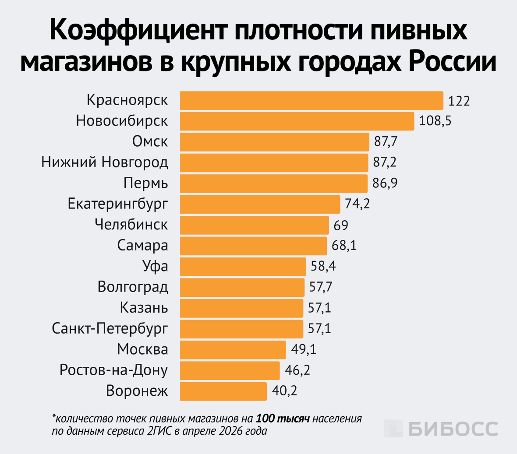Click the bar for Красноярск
pyautogui.click(x=312, y=100)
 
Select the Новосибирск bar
pyautogui.click(x=297, y=121)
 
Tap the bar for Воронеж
pyautogui.click(x=223, y=391)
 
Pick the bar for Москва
pyautogui.click(x=233, y=349)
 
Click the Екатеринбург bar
pyautogui.click(x=260, y=204)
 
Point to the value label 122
pyautogui.click(x=459, y=101)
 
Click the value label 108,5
pyautogui.click(x=435, y=121)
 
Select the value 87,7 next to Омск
pyautogui.click(x=386, y=142)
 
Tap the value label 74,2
pyautogui.click(x=357, y=204)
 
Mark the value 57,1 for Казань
pyautogui.click(x=319, y=308)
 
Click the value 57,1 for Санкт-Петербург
pyautogui.click(x=319, y=328)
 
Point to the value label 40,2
pyautogui.click(x=284, y=391)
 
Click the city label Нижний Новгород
pyautogui.click(x=105, y=162)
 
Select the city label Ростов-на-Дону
pyautogui.click(x=113, y=370)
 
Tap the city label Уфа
pyautogui.click(x=155, y=266)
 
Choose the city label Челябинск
pyautogui.click(x=131, y=225)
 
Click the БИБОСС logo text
pyautogui.click(x=453, y=429)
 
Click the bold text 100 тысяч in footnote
pyautogui.click(x=283, y=419)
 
